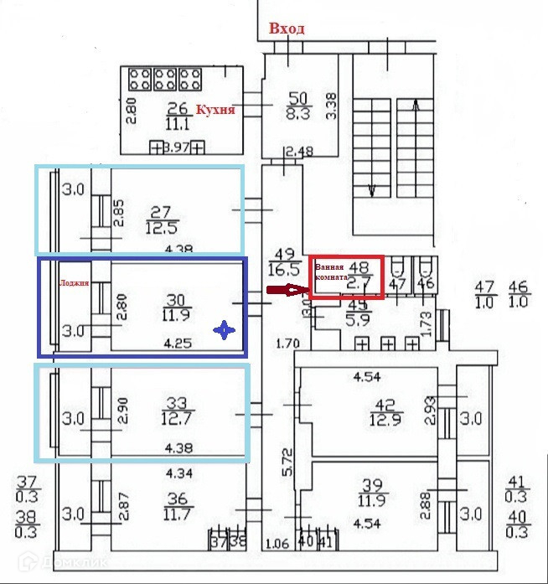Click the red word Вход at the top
[287, 28]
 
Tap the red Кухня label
[215, 110]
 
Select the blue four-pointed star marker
[224, 331]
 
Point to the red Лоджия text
[74, 283]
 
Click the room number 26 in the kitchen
[177, 108]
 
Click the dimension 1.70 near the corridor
[287, 343]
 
